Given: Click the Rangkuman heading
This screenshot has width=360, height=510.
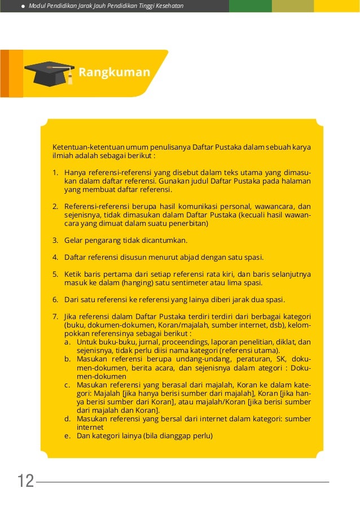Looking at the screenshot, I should click(114, 73).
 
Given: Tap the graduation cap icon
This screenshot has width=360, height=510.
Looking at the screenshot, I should click(49, 74).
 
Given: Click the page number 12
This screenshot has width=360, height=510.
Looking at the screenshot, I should click(25, 482).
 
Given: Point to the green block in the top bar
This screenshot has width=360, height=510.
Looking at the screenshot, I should click(250, 6).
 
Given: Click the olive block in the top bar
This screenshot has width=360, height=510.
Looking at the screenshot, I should click(292, 6).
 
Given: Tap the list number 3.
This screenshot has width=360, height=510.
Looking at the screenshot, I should click(55, 240).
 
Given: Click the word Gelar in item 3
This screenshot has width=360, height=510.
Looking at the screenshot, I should click(73, 240).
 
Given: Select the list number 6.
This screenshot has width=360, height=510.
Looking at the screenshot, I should click(55, 299).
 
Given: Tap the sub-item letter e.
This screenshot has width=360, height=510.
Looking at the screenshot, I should click(67, 436).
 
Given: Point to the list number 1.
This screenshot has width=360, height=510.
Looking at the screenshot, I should click(55, 173).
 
